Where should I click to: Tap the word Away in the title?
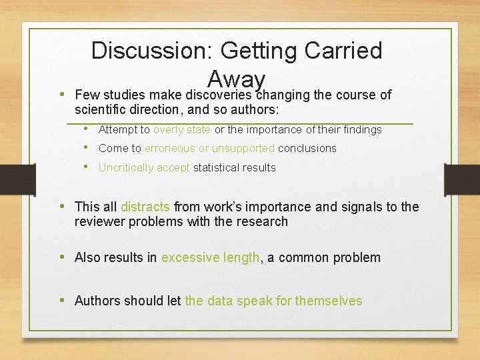click(x=237, y=79)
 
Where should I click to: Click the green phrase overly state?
click(x=182, y=129)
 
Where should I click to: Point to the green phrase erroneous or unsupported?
click(x=209, y=148)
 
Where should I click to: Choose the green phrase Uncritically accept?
click(x=144, y=167)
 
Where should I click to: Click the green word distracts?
click(x=145, y=207)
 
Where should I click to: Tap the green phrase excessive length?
click(x=210, y=257)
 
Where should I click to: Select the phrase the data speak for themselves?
click(x=273, y=301)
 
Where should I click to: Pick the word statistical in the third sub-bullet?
click(x=218, y=167)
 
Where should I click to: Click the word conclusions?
click(x=307, y=148)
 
